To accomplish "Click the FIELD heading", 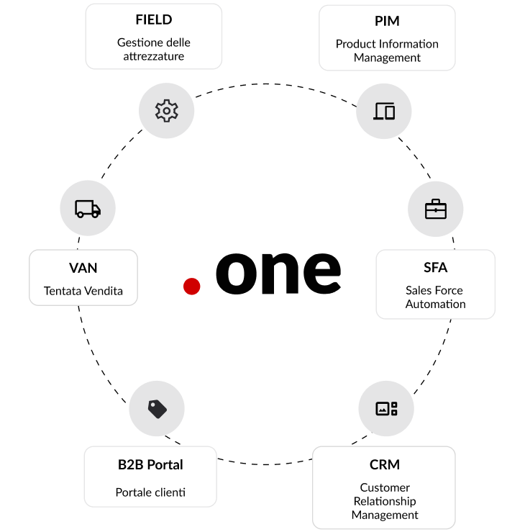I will (153, 19).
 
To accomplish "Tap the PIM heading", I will (387, 21).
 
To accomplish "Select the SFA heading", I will (435, 268).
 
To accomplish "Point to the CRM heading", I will (385, 464).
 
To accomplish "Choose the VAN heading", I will (83, 268).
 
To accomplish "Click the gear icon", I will (166, 110).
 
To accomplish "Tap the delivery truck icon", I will (88, 209).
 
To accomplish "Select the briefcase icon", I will (436, 209).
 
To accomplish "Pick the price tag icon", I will (157, 409).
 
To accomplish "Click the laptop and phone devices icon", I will (385, 112).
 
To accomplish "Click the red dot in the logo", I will (191, 287).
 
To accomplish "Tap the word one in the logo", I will (278, 271).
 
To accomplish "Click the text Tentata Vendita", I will (83, 291).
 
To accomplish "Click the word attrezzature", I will (153, 56).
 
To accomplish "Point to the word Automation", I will (435, 304).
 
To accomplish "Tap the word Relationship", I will (385, 501).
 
